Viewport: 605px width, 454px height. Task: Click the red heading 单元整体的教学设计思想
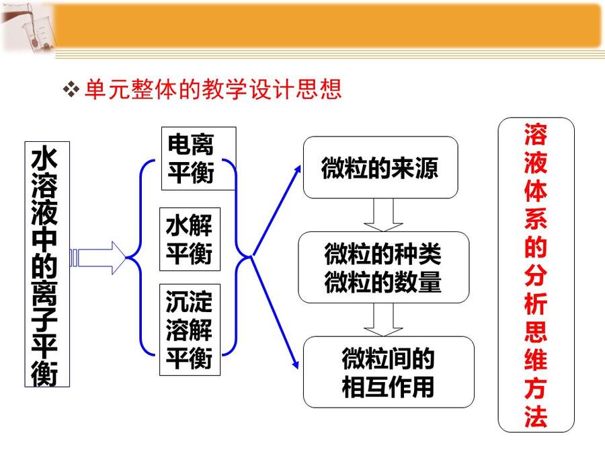[213, 89]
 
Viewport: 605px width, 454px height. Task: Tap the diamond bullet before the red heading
[71, 89]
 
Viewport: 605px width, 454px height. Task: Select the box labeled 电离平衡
[199, 158]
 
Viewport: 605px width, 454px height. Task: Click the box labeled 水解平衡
[190, 239]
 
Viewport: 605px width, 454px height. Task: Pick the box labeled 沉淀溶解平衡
[190, 330]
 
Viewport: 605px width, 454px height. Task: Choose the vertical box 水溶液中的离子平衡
[47, 264]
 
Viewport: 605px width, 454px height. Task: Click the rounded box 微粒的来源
[380, 167]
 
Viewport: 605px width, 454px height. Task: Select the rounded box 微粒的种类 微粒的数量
[384, 267]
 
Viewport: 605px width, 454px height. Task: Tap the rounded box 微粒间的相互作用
[389, 372]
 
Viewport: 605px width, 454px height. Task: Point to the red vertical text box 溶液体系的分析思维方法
[536, 274]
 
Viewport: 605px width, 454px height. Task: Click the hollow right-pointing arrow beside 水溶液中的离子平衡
[98, 258]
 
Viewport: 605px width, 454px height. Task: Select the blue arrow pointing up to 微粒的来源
[276, 211]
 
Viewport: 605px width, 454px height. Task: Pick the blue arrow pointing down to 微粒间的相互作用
[275, 312]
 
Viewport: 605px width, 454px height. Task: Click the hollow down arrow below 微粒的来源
[383, 215]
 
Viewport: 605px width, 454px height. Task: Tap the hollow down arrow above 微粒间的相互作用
[383, 319]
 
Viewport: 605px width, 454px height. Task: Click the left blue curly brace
[140, 257]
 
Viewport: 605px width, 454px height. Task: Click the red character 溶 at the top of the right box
[536, 135]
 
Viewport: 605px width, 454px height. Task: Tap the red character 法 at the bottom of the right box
[536, 416]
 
